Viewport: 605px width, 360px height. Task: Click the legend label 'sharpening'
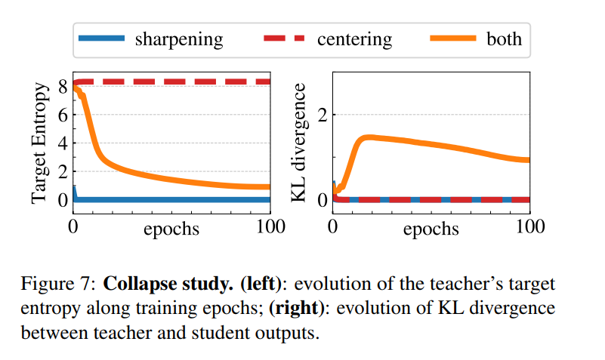click(x=178, y=39)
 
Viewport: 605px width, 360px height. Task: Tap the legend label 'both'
click(x=504, y=39)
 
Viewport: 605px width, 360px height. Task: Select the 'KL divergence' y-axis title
click(x=299, y=143)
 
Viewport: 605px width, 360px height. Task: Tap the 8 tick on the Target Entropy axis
click(x=63, y=86)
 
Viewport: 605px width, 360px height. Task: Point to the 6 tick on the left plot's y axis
click(x=63, y=115)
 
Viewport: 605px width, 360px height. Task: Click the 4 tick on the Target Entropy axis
click(x=63, y=143)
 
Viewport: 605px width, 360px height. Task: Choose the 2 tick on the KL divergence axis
click(x=321, y=115)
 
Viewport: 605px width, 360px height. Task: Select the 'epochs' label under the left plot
click(x=171, y=228)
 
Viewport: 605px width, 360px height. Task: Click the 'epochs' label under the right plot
click(x=431, y=228)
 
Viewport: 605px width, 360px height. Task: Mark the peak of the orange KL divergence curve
click(x=367, y=137)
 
